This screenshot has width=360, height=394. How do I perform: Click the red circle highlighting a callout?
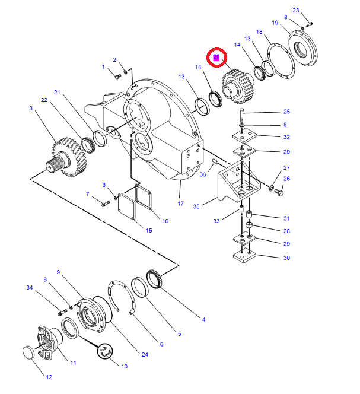[216, 58]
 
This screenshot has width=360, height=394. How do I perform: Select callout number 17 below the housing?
[181, 204]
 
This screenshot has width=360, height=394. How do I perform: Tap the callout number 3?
[31, 108]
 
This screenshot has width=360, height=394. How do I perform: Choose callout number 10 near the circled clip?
[124, 367]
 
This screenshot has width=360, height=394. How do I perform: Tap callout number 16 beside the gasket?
[165, 221]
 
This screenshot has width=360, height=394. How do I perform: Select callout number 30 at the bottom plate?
[286, 258]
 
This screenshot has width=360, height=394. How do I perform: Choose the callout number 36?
[202, 174]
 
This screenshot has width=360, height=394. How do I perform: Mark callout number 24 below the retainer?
[144, 355]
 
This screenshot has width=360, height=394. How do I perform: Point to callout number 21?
[58, 92]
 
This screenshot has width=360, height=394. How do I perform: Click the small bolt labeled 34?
[61, 312]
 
